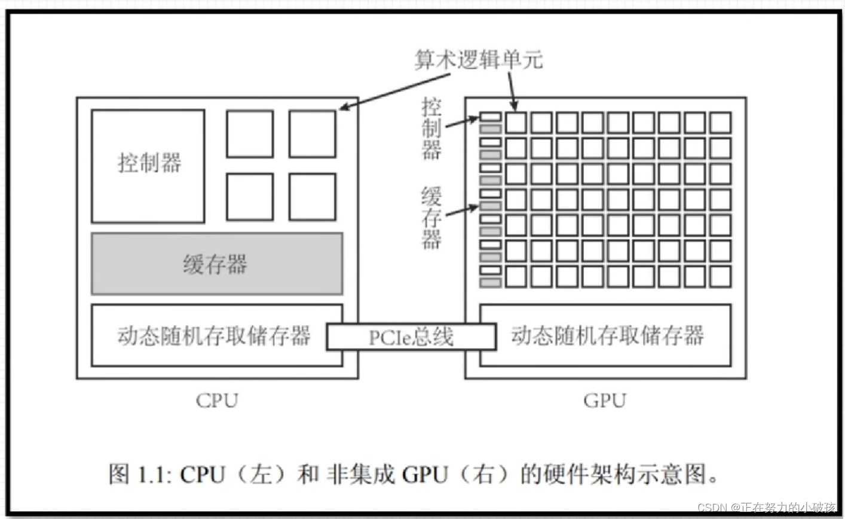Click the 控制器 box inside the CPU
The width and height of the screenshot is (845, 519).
click(148, 166)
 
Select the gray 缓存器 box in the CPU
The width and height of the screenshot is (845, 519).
click(217, 264)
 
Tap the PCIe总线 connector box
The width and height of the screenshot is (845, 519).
click(411, 337)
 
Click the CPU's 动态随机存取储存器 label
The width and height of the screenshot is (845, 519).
click(214, 335)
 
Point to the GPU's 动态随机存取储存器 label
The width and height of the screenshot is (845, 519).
click(607, 335)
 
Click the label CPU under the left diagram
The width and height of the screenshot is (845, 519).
click(217, 400)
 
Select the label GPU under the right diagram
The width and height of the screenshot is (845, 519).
click(605, 400)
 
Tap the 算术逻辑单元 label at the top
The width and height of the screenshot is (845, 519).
click(479, 60)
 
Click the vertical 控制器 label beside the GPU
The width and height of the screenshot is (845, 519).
click(431, 129)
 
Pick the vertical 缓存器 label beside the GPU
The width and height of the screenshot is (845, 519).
click(431, 218)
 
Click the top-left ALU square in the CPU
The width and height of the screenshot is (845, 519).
click(250, 134)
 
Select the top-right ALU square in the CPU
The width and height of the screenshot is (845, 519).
click(313, 134)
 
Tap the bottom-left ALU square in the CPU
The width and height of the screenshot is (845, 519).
click(250, 197)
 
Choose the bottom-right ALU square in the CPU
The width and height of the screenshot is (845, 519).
click(313, 197)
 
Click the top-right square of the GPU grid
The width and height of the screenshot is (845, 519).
click(720, 123)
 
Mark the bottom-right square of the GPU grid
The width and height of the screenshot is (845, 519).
click(720, 277)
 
